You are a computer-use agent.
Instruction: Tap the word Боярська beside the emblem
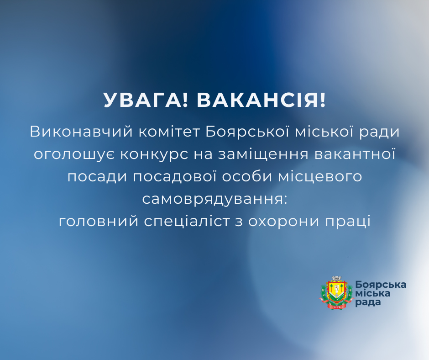[x=381, y=284]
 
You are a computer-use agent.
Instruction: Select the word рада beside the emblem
[x=367, y=303]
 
